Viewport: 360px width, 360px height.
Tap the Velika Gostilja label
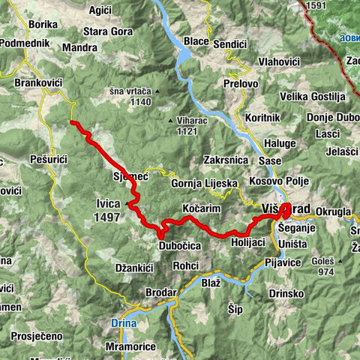pos(312,97)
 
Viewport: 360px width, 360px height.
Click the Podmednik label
pos(25,43)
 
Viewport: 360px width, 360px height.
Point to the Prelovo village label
pos(240,84)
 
